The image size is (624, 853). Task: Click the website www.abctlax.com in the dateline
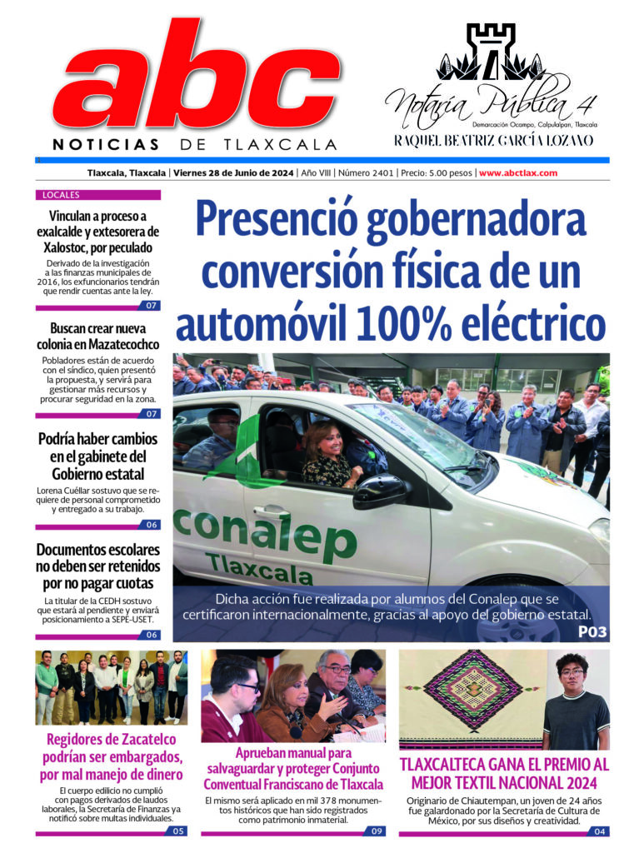coord(518,173)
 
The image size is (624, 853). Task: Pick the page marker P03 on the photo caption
coord(592,633)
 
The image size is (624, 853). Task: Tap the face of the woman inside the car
coord(322,440)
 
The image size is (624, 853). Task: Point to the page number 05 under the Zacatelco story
coord(177,831)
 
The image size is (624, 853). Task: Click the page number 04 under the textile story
coord(601,831)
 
